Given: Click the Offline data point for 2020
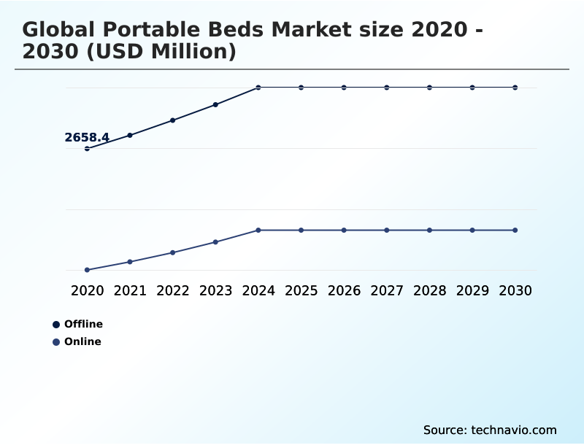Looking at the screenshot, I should (x=87, y=149).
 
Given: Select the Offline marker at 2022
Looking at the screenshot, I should (x=173, y=120).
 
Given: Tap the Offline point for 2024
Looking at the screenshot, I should (x=258, y=88).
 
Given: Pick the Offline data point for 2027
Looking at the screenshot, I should (x=387, y=88).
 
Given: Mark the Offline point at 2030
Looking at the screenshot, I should (x=515, y=88).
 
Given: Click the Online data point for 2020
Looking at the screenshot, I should (x=87, y=270).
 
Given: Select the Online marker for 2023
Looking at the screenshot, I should (x=215, y=242).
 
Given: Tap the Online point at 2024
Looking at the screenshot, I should (x=258, y=231).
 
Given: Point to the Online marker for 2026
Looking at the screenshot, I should (x=344, y=231).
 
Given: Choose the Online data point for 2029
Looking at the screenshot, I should (x=472, y=231).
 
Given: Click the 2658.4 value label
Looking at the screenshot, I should (x=87, y=137).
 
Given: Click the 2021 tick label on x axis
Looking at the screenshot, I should (x=130, y=291).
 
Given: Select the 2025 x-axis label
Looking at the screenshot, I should (x=301, y=291).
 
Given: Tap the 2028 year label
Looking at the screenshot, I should (x=429, y=291).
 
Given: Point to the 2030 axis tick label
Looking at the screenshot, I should (x=515, y=291).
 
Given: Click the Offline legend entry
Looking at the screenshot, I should (x=78, y=325).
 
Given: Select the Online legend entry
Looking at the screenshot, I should (x=77, y=342).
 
